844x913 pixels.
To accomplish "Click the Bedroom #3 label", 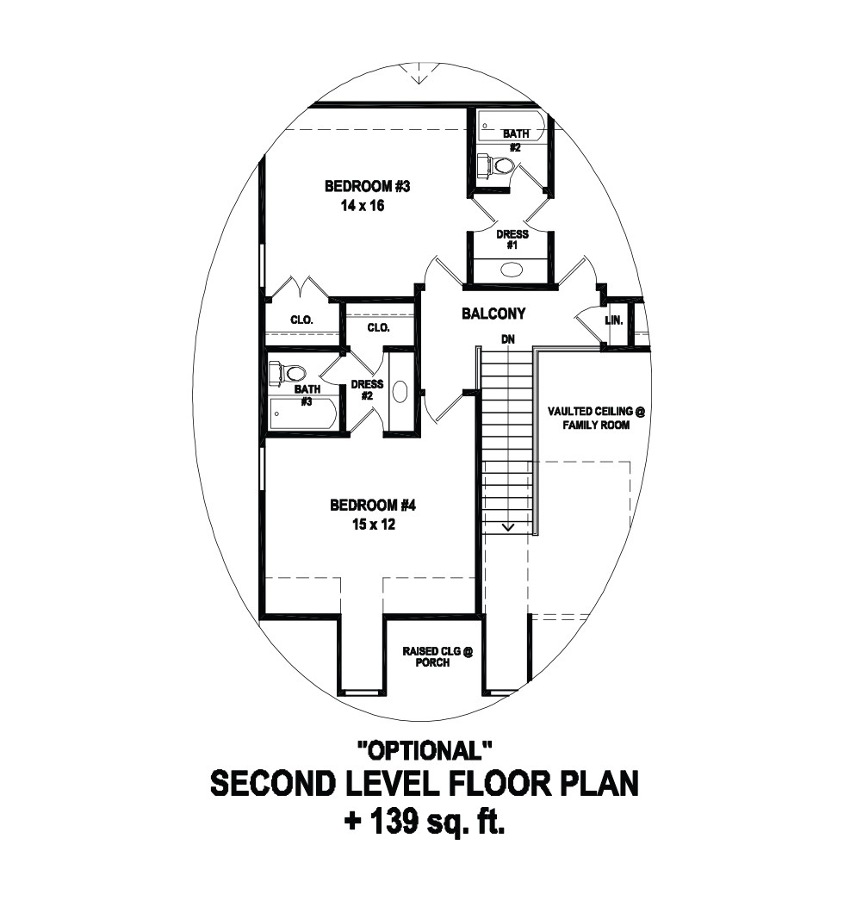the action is (x=367, y=186).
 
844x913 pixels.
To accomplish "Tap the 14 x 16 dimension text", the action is (x=363, y=206).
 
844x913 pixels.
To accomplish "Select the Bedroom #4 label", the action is (x=373, y=505).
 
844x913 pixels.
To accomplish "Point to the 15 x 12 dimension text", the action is (x=373, y=525).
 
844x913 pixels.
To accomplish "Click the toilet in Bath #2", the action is (x=495, y=165).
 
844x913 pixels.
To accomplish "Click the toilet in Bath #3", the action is (x=288, y=371).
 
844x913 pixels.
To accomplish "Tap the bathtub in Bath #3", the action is (x=303, y=413).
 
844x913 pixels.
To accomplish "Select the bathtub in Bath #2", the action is (x=512, y=125).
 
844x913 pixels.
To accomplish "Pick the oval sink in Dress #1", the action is (x=512, y=269).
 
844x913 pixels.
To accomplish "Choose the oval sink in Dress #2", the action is (x=400, y=391).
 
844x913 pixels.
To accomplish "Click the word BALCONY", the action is (x=493, y=314).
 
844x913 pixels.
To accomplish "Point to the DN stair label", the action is (x=507, y=339).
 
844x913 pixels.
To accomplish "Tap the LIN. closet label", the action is (x=614, y=320).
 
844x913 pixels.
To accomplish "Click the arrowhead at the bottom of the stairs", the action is (x=509, y=527).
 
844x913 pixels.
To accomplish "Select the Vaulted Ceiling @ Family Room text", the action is (x=596, y=419).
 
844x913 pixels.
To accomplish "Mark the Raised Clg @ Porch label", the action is (x=438, y=657).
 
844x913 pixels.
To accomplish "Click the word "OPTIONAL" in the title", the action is (x=425, y=750).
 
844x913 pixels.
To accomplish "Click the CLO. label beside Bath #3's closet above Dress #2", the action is (x=378, y=328).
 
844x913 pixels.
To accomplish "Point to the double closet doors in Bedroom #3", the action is (x=301, y=289).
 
